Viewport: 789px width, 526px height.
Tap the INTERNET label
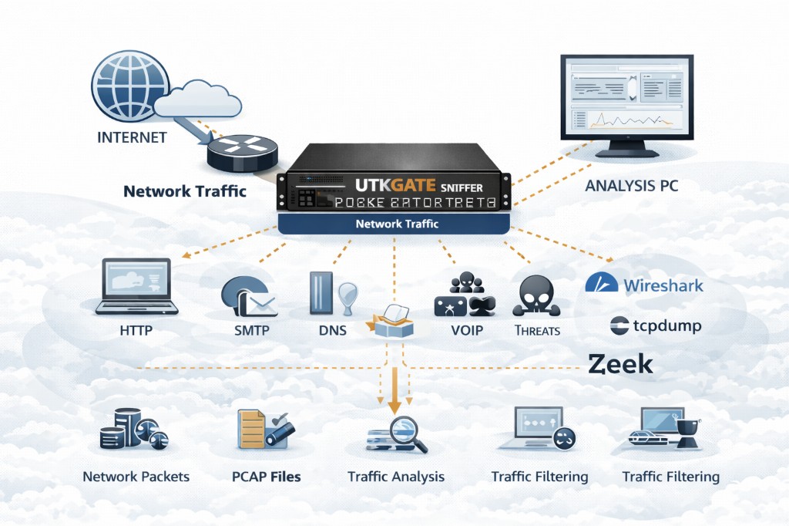tap(132, 138)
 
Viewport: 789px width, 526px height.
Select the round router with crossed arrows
tap(240, 153)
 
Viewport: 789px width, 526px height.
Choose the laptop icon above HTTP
tap(136, 287)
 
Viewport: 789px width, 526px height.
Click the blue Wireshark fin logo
tap(601, 283)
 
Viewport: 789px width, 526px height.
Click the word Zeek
tap(620, 364)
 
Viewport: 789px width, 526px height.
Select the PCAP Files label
tap(266, 476)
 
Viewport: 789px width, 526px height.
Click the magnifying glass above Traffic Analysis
tap(402, 430)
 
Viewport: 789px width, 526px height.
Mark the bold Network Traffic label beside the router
tap(185, 190)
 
